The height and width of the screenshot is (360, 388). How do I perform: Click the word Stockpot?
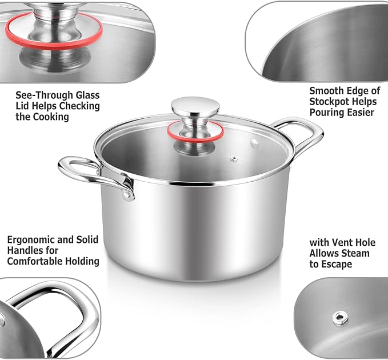point(330,101)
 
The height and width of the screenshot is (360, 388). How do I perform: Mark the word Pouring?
point(327,112)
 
